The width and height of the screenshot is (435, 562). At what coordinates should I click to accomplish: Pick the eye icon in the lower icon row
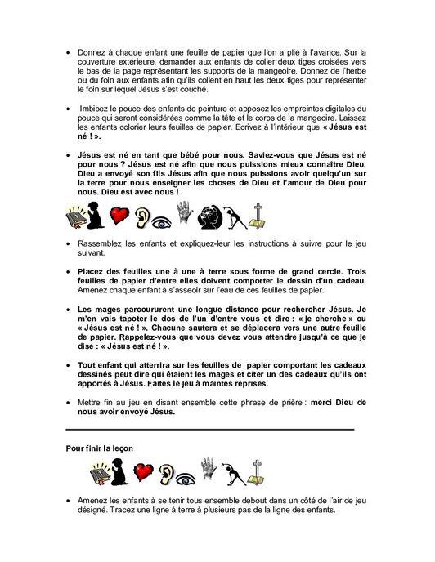[180, 476]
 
